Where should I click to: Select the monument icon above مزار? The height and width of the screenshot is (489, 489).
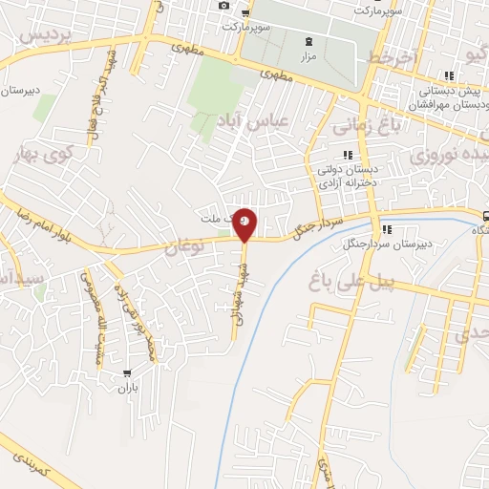308,42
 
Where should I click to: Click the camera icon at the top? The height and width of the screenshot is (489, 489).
223,6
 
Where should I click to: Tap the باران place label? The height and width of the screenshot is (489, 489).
128,388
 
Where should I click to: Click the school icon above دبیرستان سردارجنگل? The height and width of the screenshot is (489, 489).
388,229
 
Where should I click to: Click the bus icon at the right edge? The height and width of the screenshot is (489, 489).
485,216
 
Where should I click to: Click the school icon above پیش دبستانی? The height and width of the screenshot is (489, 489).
447,76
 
